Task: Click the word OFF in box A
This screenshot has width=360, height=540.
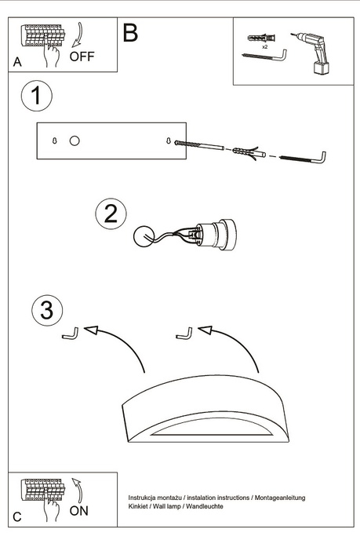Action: [x=82, y=57]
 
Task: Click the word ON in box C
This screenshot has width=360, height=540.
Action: [x=79, y=511]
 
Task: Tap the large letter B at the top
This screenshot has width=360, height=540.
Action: [x=130, y=32]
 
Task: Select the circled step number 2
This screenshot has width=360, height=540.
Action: [x=111, y=213]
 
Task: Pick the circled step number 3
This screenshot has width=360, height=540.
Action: [x=47, y=311]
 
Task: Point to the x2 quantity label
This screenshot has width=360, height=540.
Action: [x=265, y=47]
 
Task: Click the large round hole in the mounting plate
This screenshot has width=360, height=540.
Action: [x=75, y=141]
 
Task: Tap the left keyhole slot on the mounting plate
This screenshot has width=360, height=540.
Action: [x=54, y=141]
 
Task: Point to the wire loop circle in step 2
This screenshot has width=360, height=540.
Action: [x=144, y=237]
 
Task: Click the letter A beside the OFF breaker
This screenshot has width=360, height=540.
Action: [x=17, y=62]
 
